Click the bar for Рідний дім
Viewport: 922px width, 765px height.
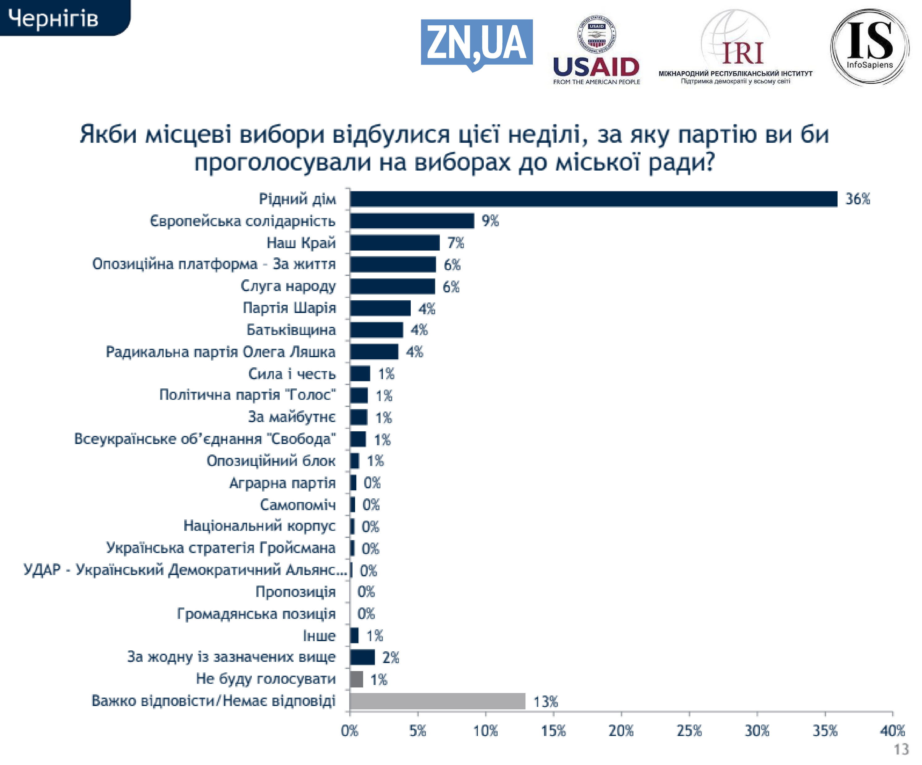[x=593, y=199]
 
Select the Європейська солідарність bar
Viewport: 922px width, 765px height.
[x=412, y=221]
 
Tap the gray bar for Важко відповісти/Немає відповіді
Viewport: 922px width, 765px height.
[x=437, y=701]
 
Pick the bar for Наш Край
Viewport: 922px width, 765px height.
[x=395, y=243]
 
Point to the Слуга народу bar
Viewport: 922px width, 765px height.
[x=392, y=286]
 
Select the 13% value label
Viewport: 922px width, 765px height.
[x=545, y=701]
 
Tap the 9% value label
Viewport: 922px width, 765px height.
[x=490, y=221]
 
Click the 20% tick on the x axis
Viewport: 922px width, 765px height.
[x=621, y=731]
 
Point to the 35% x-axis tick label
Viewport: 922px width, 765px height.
[x=825, y=731]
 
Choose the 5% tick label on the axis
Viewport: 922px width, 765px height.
[x=418, y=731]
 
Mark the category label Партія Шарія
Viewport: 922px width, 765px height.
[x=289, y=308]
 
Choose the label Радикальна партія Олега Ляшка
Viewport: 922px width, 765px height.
[x=221, y=352]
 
